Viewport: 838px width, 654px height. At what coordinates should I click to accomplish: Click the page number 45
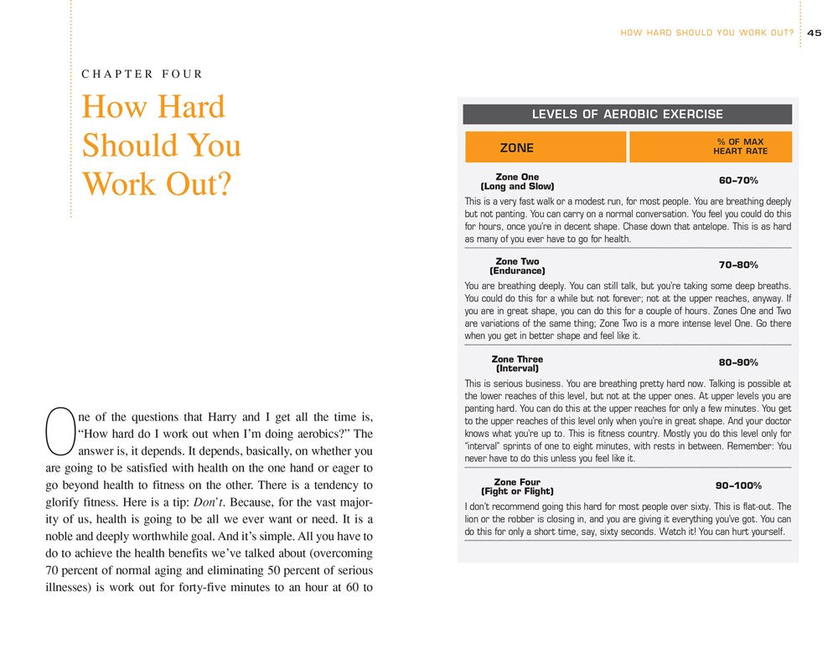[815, 33]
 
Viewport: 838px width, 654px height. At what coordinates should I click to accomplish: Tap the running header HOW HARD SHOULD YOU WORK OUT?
[707, 33]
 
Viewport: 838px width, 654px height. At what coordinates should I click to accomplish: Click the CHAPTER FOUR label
[142, 75]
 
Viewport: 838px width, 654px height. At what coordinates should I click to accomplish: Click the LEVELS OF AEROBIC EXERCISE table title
[627, 114]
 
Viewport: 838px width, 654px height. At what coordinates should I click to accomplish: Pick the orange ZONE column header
[517, 148]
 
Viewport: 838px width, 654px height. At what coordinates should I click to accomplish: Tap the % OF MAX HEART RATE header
[740, 147]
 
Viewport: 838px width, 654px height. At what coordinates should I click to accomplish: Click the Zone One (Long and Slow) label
[517, 182]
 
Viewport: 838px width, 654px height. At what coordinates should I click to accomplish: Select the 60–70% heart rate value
[738, 180]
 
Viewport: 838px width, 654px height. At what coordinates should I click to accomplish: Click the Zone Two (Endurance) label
[517, 266]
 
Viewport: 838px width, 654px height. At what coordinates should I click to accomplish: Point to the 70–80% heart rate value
[738, 265]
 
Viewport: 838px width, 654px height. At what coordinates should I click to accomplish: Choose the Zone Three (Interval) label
[517, 363]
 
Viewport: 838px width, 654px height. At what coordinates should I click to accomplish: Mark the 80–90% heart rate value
[738, 363]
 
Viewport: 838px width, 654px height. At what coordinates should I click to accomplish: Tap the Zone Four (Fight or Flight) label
[517, 487]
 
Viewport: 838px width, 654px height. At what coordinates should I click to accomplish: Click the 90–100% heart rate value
[740, 486]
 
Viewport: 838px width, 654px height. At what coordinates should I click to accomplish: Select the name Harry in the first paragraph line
[251, 416]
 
